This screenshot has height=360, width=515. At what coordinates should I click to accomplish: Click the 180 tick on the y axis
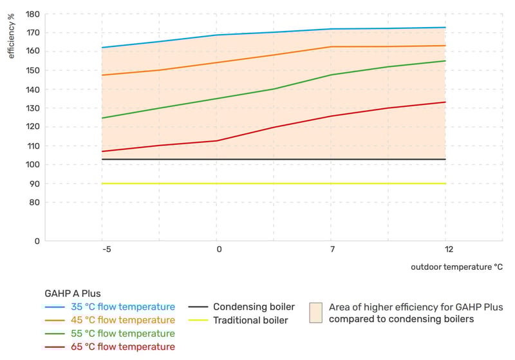32,14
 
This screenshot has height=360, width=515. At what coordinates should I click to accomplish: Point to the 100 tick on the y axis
32,165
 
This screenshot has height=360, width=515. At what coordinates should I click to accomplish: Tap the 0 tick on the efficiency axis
37,242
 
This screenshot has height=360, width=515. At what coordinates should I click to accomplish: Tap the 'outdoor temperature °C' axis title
456,266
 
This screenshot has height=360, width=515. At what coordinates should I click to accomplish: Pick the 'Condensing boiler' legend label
254,307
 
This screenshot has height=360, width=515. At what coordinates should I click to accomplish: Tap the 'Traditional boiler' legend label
250,320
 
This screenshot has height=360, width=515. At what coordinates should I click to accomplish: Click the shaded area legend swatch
315,312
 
